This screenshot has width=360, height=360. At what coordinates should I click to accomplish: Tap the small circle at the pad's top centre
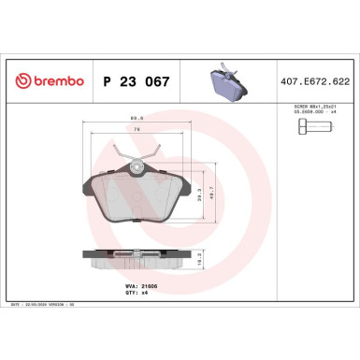point(137,167)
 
